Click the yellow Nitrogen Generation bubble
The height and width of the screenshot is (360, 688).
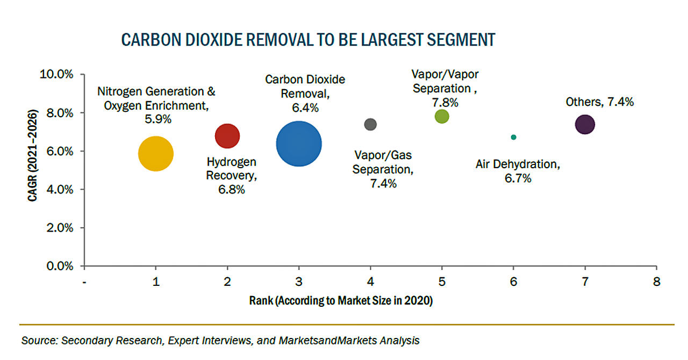click(156, 154)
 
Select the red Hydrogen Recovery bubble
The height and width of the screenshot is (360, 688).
click(227, 135)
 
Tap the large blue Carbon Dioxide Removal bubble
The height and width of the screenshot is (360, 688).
click(299, 143)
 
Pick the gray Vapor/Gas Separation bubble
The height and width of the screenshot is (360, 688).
click(370, 125)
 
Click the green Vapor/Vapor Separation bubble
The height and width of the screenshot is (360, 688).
click(442, 117)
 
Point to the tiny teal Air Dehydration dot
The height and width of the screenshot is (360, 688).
click(513, 137)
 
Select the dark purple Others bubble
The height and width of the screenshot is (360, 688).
click(585, 125)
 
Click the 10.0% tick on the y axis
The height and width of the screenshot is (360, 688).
click(56, 74)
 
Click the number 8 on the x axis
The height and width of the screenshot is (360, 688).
click(656, 282)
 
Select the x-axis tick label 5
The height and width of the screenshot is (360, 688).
click(442, 282)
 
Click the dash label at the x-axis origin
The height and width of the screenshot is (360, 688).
click(84, 282)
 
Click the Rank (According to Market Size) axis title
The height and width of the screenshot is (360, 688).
click(341, 301)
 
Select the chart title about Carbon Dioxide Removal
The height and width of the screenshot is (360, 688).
click(308, 40)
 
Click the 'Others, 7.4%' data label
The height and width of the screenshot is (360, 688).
click(599, 102)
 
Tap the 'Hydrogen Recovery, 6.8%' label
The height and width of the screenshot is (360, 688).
click(232, 175)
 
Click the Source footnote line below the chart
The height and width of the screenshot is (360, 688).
click(220, 340)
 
